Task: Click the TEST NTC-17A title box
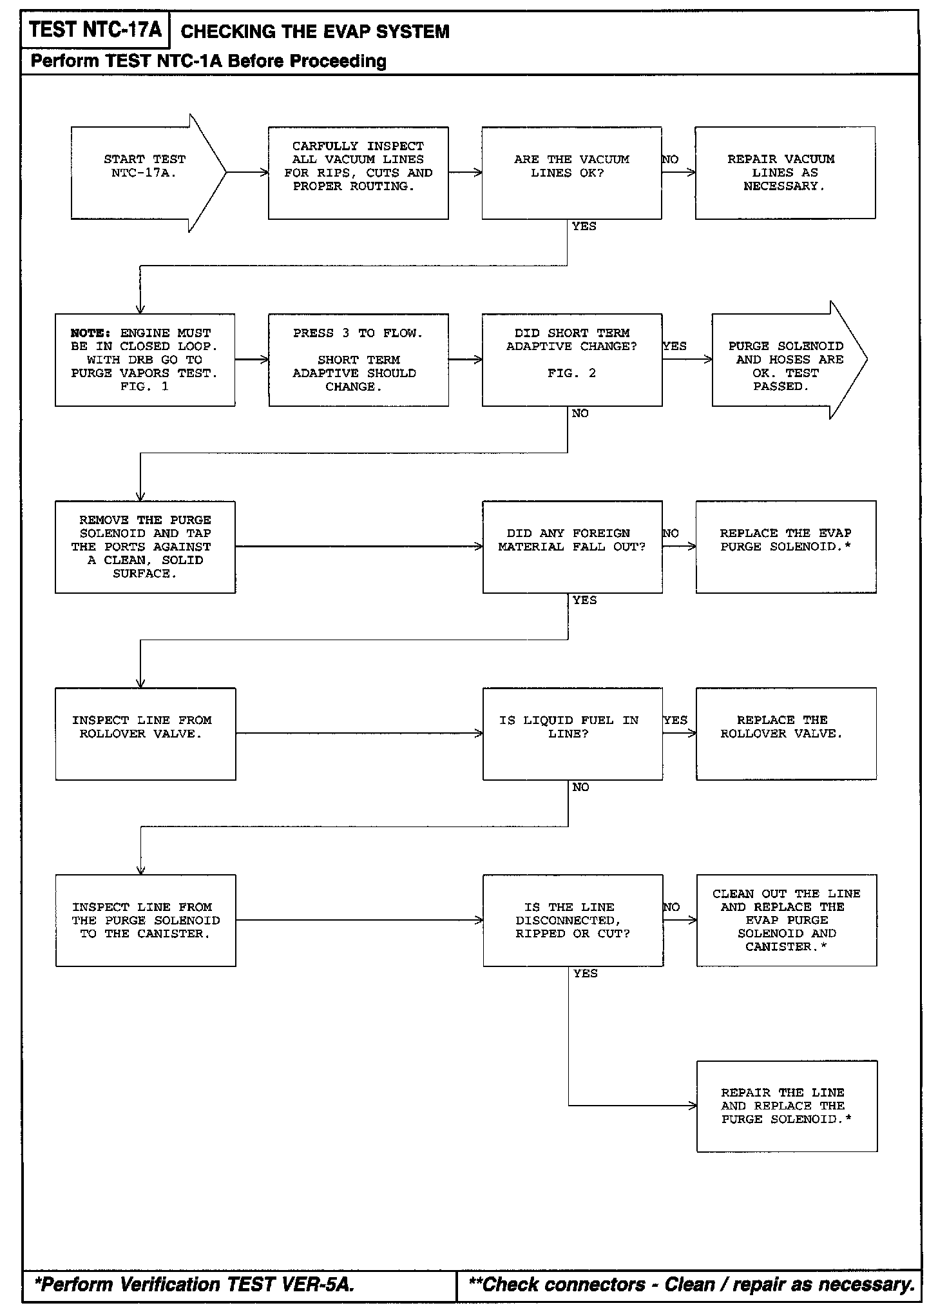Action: (95, 30)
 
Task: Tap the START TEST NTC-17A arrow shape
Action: (145, 173)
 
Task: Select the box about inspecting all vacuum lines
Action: (358, 173)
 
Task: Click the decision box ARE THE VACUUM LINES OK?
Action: (571, 173)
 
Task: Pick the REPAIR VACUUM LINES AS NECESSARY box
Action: (785, 173)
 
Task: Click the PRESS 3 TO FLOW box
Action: (358, 360)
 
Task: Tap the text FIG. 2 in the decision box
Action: (571, 373)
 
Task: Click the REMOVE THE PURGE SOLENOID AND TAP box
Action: (145, 547)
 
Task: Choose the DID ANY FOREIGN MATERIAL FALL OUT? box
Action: (572, 547)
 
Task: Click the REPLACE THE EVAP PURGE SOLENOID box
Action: (786, 547)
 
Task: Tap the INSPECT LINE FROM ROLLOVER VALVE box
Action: (145, 734)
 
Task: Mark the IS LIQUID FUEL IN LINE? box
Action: (572, 734)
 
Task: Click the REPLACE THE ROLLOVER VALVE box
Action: (786, 734)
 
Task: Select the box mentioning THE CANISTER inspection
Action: (146, 921)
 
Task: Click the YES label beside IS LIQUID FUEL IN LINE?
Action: (675, 720)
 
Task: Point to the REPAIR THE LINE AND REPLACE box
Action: (787, 1106)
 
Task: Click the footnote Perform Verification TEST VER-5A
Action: (194, 1285)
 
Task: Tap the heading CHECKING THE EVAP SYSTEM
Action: (315, 32)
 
